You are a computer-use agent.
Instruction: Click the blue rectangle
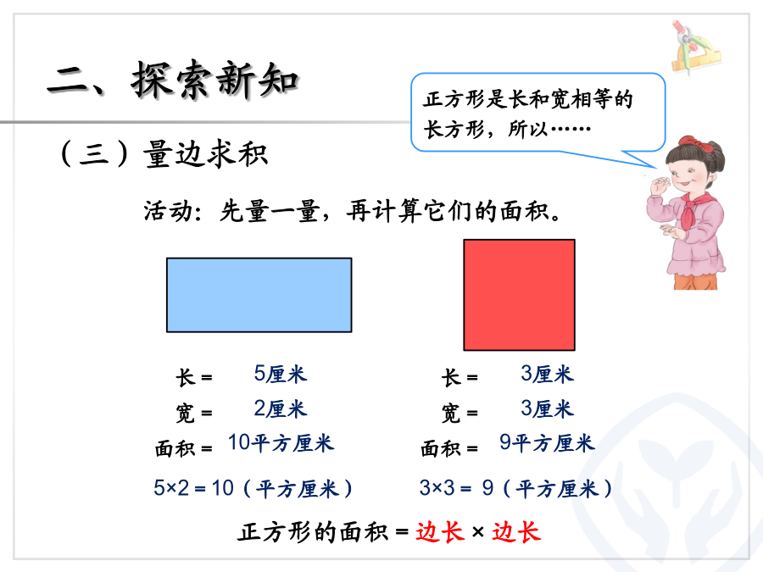[259, 295]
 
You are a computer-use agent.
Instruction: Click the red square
[519, 295]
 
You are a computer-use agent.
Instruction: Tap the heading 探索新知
[214, 81]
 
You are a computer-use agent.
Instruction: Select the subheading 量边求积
[205, 154]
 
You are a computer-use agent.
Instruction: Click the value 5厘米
[281, 374]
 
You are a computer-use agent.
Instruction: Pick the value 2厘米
[281, 408]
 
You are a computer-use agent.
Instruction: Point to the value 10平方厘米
[281, 442]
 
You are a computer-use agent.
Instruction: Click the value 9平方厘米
[547, 442]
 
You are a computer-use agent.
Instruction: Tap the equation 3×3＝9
[456, 488]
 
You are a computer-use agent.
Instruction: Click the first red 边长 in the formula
[439, 531]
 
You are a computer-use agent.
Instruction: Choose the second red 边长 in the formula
[516, 531]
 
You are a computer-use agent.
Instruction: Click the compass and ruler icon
[694, 47]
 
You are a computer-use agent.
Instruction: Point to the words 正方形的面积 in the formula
[313, 531]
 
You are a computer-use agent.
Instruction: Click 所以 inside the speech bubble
[528, 130]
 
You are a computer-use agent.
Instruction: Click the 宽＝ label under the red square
[459, 414]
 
